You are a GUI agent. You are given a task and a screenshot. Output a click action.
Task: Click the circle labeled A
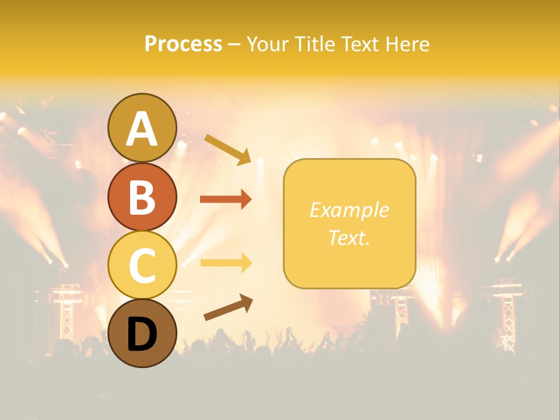tap(142, 128)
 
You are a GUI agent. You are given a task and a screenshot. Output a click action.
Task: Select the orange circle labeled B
tap(142, 197)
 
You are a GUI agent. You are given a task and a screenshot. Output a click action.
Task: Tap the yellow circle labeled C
tap(142, 265)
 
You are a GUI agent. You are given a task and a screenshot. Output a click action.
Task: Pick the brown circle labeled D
tap(142, 333)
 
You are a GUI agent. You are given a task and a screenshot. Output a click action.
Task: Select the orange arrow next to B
tap(226, 199)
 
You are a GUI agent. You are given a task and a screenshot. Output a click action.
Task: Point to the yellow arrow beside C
tap(226, 262)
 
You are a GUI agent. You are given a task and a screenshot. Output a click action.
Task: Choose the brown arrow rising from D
tap(228, 307)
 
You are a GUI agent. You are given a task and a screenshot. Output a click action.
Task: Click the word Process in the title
tap(183, 44)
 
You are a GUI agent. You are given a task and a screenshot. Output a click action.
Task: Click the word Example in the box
tap(349, 210)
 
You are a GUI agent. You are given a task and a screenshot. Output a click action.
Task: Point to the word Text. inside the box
tap(349, 237)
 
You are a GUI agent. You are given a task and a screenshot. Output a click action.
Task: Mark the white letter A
tap(142, 129)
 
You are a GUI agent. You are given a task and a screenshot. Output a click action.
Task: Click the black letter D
tap(142, 334)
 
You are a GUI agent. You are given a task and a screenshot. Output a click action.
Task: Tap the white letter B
tap(142, 197)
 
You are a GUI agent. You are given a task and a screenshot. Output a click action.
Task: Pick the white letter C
tap(142, 265)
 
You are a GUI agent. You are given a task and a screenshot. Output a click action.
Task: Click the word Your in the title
tap(268, 44)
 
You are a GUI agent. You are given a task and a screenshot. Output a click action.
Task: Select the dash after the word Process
tap(234, 45)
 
